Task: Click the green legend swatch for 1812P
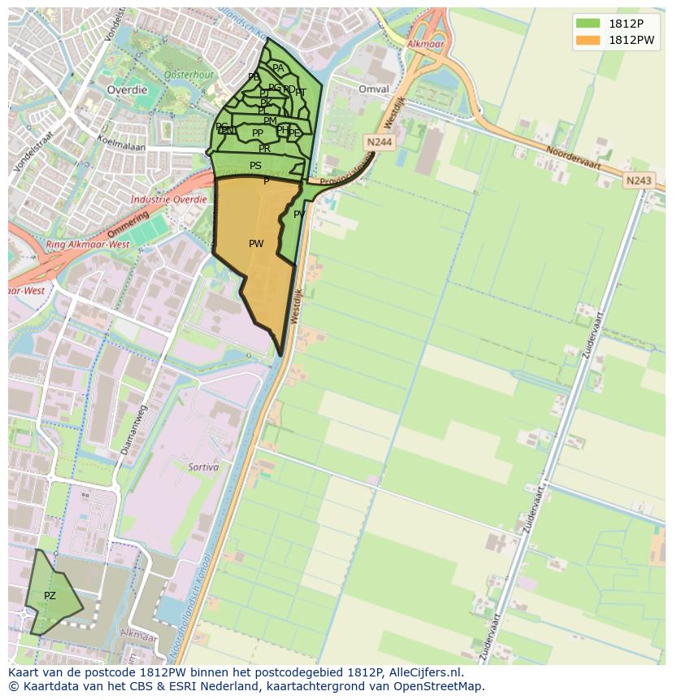pos(587,24)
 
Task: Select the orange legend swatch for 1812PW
pos(587,40)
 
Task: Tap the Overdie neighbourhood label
pos(127,90)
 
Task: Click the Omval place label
pos(373,89)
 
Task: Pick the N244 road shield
pos(379,142)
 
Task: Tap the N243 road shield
pos(639,180)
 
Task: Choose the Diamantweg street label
pos(131,428)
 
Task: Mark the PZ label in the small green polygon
pos(50,596)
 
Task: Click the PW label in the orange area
pos(256,244)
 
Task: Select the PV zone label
pos(299,215)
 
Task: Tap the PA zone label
pos(278,69)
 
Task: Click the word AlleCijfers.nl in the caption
pos(421,672)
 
